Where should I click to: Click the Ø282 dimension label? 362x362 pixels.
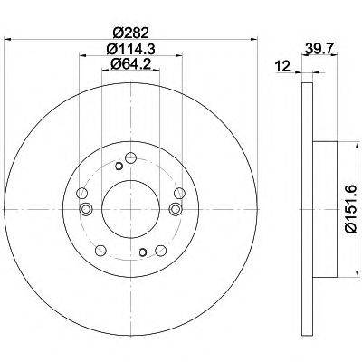[130, 33]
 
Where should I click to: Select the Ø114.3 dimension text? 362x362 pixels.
[130, 49]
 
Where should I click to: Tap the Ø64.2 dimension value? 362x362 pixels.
[130, 64]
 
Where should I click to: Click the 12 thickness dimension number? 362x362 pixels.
[282, 66]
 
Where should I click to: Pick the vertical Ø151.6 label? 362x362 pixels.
[351, 209]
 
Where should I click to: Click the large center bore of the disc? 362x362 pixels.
[130, 209]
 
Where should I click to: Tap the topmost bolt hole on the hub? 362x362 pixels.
[131, 157]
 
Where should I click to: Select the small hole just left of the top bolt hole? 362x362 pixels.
[119, 166]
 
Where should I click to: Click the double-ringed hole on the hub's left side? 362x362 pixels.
[86, 209]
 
